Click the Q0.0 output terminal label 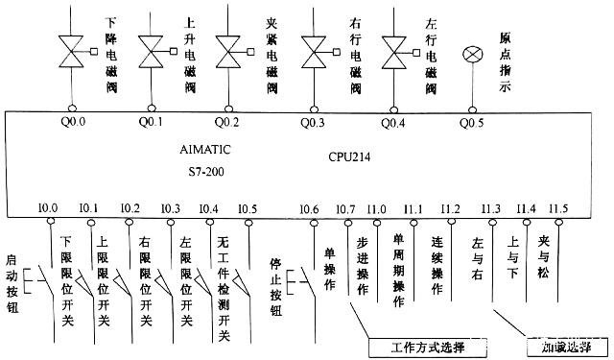click(72, 122)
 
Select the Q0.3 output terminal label click(314, 122)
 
